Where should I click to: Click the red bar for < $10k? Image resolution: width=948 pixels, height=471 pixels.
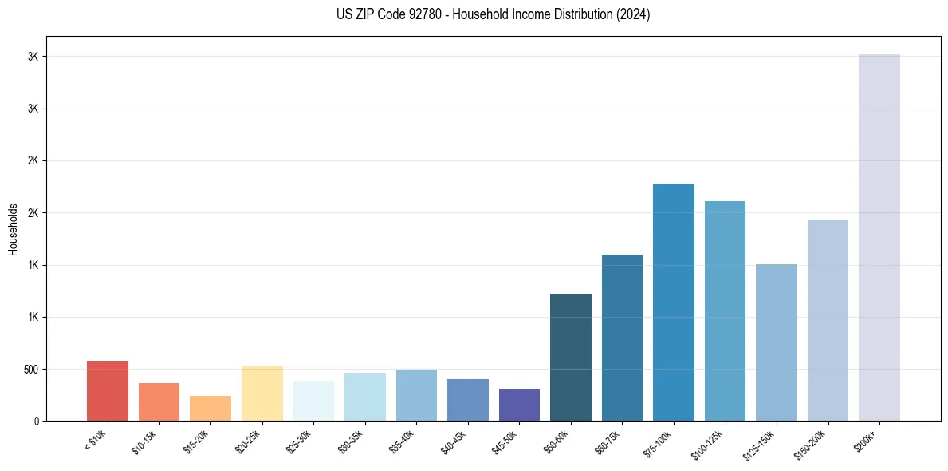coord(108,391)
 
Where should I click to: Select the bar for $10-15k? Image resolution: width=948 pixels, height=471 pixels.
coord(159,402)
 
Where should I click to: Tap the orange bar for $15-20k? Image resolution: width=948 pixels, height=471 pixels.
coord(210,409)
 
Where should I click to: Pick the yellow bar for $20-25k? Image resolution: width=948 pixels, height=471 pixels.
coord(262,394)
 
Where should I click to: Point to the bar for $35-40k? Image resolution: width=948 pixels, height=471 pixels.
coord(416,395)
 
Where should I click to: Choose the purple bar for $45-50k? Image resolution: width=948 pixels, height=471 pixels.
coord(519,405)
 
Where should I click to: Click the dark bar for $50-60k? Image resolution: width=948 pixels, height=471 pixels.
coord(571,358)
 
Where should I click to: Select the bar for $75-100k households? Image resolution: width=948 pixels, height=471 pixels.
coord(674,303)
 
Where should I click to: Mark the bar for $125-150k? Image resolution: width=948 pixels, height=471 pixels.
coord(777,342)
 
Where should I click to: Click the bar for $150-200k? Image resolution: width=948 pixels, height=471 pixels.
coord(828,320)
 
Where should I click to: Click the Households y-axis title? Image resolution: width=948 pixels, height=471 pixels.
coord(13,229)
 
